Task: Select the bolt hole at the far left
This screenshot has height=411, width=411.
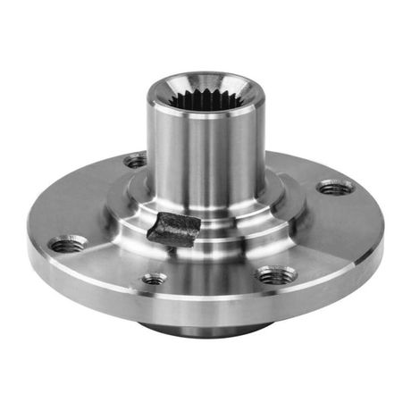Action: pos(68,243)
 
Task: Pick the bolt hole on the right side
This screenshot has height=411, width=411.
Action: pos(334,187)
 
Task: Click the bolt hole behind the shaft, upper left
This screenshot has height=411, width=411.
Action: pos(135,162)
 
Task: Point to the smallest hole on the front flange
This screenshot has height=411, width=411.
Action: pos(155,278)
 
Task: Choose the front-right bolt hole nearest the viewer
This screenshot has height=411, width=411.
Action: pos(273,275)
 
